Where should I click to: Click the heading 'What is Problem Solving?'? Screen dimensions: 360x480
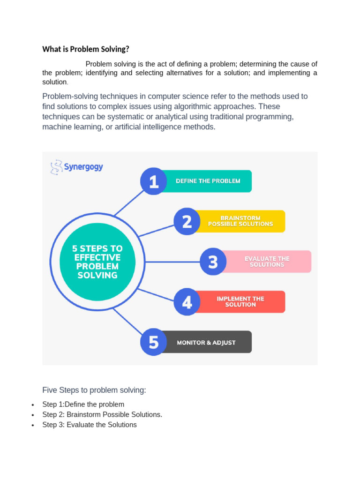[85, 49]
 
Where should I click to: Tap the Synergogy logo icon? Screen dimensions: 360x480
[56, 167]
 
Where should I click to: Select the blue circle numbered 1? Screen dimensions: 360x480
[154, 181]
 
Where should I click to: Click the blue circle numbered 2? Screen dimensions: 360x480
[187, 221]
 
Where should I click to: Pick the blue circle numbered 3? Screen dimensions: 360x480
[213, 262]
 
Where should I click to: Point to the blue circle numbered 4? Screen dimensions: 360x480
[187, 302]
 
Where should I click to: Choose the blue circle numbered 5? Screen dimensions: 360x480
[154, 342]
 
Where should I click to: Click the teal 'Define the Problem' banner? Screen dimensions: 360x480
[208, 181]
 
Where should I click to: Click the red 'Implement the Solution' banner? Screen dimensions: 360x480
[240, 302]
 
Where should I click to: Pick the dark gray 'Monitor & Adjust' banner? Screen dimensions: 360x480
[206, 342]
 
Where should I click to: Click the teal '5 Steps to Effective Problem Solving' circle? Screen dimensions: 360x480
[97, 262]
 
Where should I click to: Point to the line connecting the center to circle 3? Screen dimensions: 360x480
[169, 262]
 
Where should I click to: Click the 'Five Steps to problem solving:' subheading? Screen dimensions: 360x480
[94, 390]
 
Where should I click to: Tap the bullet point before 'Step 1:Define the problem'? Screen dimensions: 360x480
[33, 405]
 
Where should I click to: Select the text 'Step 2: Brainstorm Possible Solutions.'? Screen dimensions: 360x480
[102, 414]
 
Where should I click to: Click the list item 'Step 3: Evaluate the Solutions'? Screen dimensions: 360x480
[90, 425]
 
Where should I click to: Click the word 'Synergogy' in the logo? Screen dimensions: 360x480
[83, 167]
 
